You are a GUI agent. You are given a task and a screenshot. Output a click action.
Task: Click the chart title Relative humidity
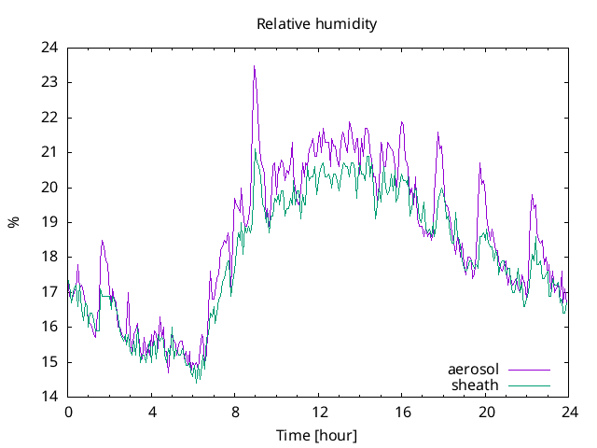pyautogui.click(x=317, y=24)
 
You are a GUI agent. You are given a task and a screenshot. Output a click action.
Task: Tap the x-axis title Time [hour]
pyautogui.click(x=317, y=436)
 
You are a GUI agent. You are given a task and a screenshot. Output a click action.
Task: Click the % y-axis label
pyautogui.click(x=13, y=222)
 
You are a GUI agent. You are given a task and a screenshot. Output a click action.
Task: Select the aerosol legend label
pyautogui.click(x=474, y=370)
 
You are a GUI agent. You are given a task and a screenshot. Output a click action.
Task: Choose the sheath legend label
pyautogui.click(x=476, y=385)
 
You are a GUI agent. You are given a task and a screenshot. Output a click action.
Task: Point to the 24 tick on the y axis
pyautogui.click(x=49, y=48)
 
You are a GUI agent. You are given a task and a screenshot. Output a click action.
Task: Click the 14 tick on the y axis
pyautogui.click(x=49, y=397)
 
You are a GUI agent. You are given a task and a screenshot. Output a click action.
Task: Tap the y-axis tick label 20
pyautogui.click(x=49, y=188)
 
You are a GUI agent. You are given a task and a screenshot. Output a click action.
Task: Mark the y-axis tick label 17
pyautogui.click(x=49, y=292)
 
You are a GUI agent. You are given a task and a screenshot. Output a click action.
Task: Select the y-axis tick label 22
pyautogui.click(x=49, y=118)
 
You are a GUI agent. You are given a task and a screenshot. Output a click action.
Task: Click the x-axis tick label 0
pyautogui.click(x=68, y=412)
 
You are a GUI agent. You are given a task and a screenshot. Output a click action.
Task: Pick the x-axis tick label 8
pyautogui.click(x=235, y=412)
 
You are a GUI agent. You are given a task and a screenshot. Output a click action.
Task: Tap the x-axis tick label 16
pyautogui.click(x=402, y=412)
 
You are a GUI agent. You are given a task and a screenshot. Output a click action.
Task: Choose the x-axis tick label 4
pyautogui.click(x=152, y=412)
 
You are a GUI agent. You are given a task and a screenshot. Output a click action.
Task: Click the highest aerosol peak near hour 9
pyautogui.click(x=254, y=66)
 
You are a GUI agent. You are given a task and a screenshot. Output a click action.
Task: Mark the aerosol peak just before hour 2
pyautogui.click(x=103, y=241)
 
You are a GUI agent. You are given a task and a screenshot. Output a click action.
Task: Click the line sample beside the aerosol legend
pyautogui.click(x=527, y=370)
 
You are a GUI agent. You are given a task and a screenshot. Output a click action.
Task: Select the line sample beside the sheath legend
pyautogui.click(x=527, y=385)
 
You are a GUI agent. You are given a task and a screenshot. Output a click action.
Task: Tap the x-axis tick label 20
pyautogui.click(x=485, y=412)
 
